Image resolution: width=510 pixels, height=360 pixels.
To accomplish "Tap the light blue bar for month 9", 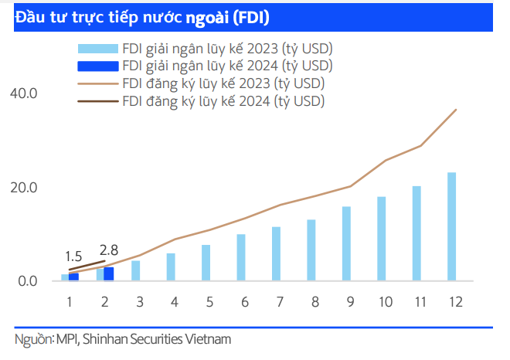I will point(346,243).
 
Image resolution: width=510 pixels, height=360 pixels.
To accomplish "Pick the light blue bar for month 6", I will point(241,257).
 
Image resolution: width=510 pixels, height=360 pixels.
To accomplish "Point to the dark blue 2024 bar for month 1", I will point(73,277).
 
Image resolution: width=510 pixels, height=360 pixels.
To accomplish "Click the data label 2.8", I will point(109,250).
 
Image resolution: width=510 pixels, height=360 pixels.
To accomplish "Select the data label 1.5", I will point(73,256).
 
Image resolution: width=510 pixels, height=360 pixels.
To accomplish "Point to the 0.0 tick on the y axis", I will point(28,281).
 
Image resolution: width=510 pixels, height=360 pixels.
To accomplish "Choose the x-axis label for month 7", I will point(276,302).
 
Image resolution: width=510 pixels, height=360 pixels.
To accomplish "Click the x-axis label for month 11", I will point(416,302).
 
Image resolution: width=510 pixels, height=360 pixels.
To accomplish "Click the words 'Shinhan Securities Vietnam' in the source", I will point(157,339).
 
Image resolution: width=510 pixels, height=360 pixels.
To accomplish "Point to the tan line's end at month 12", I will point(456,110).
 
